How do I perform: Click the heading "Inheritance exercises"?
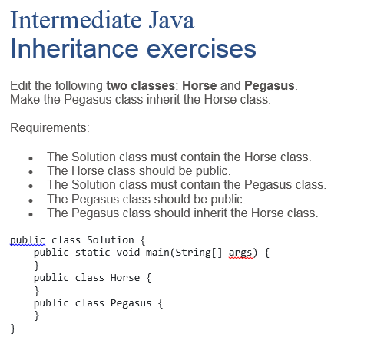(x=133, y=50)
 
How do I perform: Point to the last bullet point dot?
(x=29, y=213)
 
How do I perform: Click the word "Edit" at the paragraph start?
(x=22, y=85)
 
